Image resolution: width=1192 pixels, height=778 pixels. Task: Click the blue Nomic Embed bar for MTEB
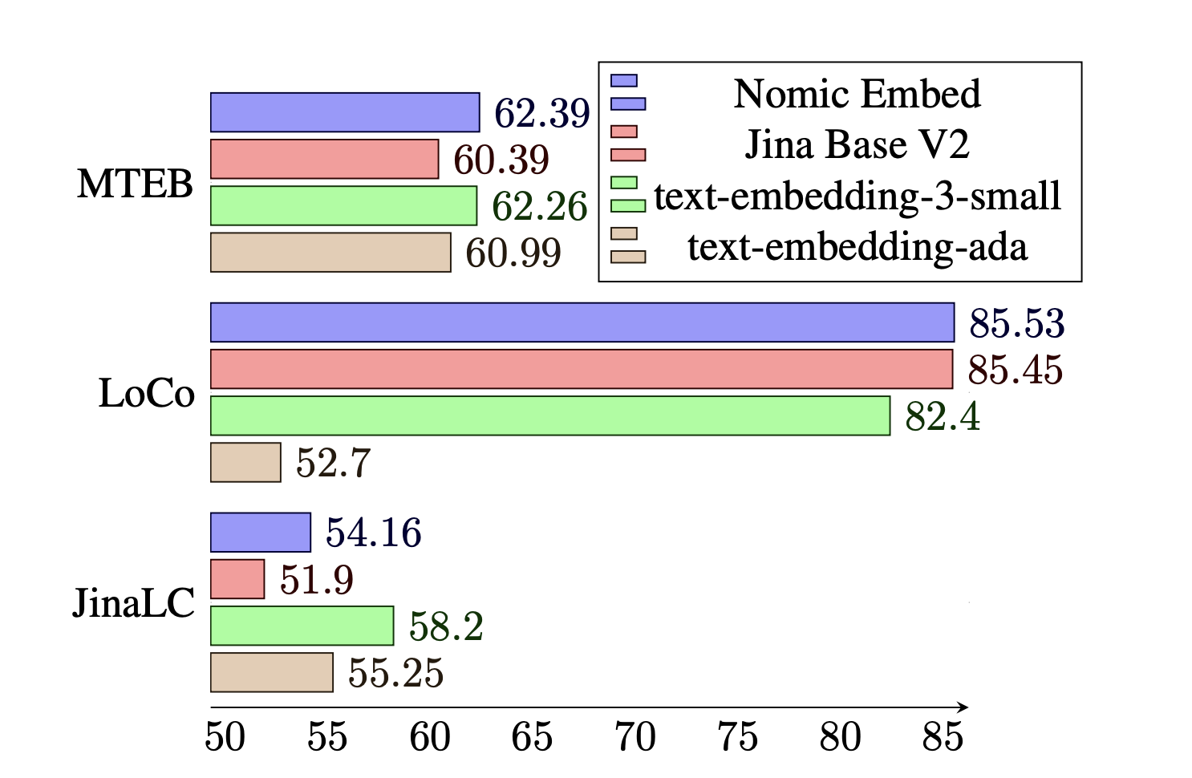(345, 112)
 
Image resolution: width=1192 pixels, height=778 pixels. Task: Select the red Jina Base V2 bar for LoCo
(582, 369)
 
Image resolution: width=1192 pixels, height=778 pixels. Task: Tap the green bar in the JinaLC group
(302, 626)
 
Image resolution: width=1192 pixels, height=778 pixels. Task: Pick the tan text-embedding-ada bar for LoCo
(245, 463)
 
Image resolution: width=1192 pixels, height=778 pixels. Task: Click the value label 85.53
(1016, 323)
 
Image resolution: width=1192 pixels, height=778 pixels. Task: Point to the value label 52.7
(333, 464)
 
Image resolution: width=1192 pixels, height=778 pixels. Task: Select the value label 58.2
(446, 626)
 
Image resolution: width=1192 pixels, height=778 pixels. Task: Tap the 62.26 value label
(539, 207)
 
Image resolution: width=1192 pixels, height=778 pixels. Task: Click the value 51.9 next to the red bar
(316, 580)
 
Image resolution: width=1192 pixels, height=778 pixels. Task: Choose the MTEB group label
(135, 184)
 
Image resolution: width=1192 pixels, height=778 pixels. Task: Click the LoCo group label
(146, 394)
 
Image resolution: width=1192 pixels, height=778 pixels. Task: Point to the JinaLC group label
(133, 603)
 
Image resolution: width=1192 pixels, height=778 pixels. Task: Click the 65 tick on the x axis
(533, 737)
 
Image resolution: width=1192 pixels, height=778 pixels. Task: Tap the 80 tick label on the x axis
(840, 737)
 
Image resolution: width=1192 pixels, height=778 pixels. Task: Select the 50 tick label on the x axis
(225, 737)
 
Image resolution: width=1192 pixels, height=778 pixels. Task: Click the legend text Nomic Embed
(857, 94)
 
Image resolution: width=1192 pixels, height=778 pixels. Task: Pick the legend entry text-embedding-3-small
(857, 197)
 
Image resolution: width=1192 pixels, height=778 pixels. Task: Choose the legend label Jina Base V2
(857, 145)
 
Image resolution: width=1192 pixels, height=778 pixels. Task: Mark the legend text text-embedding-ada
(857, 247)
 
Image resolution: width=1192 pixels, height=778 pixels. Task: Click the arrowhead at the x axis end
(963, 707)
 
